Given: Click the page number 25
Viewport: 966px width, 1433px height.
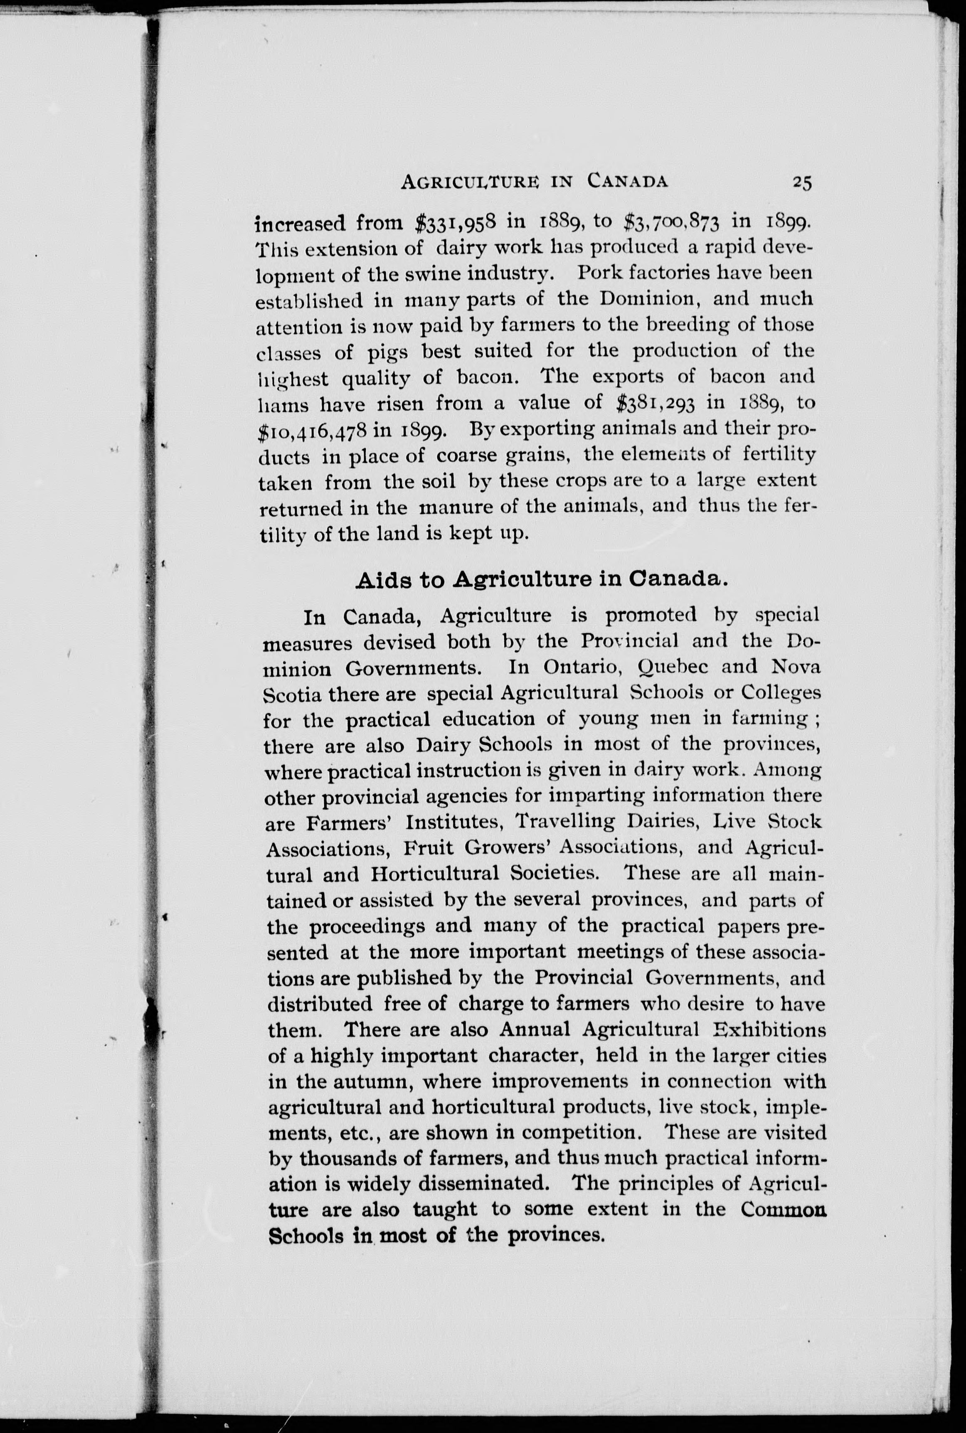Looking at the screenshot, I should tap(803, 182).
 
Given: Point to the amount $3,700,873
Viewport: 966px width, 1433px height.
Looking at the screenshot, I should tap(672, 222).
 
